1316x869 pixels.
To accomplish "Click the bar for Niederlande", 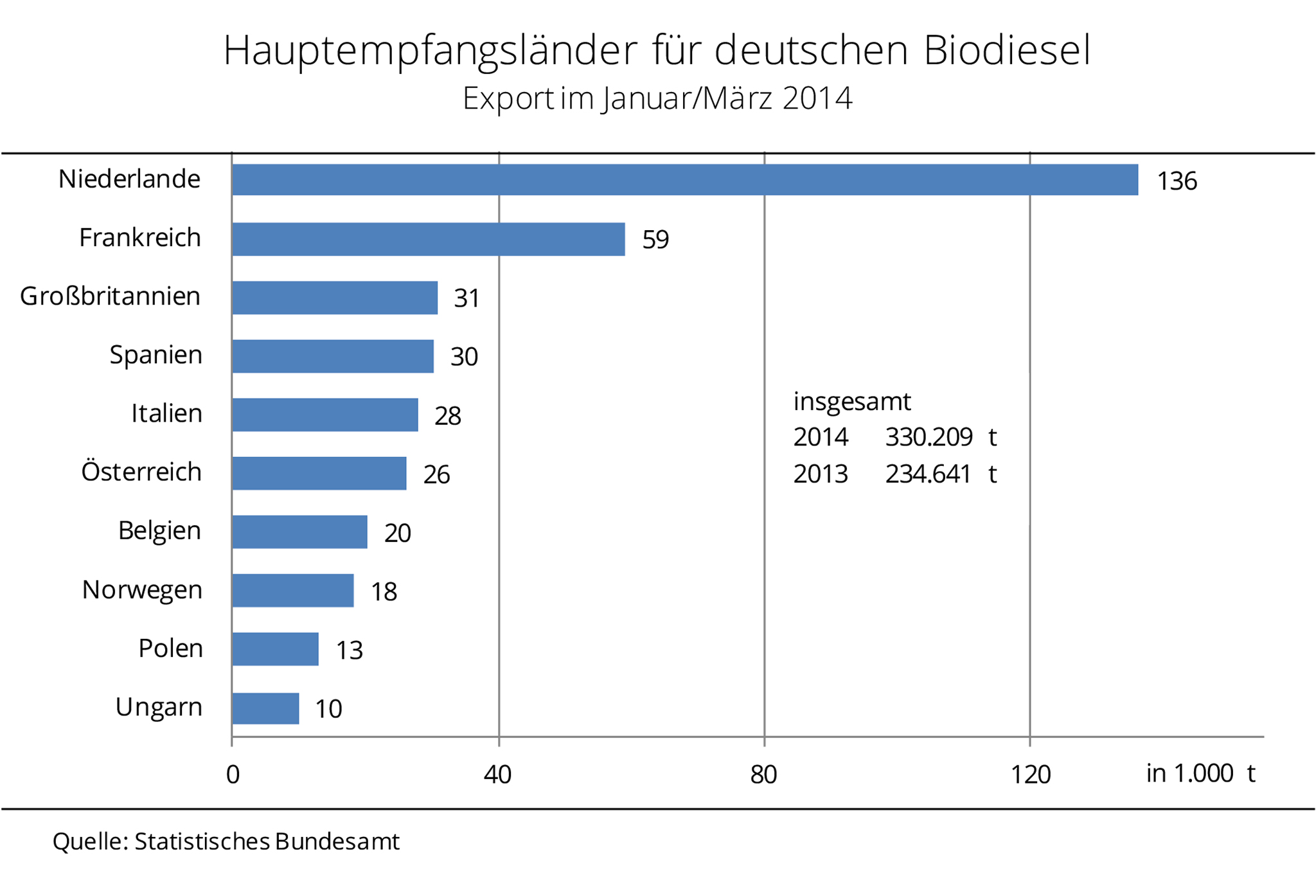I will (x=684, y=179).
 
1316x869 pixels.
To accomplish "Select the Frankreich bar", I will (x=428, y=239).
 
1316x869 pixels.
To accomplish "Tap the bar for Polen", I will (x=275, y=649).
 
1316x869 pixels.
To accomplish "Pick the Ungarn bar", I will (x=265, y=708).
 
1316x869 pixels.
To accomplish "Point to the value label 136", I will (x=1177, y=181).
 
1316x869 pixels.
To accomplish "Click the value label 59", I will (x=655, y=240).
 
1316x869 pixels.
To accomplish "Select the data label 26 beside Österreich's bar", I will (x=436, y=475).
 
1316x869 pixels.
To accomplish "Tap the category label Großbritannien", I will (x=111, y=296).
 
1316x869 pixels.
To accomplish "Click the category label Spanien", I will (x=156, y=355).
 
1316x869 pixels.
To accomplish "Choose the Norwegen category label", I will (x=142, y=589).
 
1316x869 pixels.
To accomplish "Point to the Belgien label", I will (x=159, y=531).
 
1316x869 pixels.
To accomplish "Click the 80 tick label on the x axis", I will (x=763, y=775).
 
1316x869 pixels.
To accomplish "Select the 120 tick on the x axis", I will (x=1030, y=775).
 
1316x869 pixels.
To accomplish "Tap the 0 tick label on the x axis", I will (x=233, y=775).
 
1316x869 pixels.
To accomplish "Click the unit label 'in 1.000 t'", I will (x=1200, y=773).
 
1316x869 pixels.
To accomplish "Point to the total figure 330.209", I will (x=929, y=437).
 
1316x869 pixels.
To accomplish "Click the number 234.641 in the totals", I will (x=928, y=474).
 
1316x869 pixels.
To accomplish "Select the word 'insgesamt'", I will (x=852, y=402).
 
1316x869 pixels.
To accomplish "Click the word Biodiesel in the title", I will (x=1007, y=50).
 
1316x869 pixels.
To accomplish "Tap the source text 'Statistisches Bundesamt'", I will (x=267, y=841).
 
